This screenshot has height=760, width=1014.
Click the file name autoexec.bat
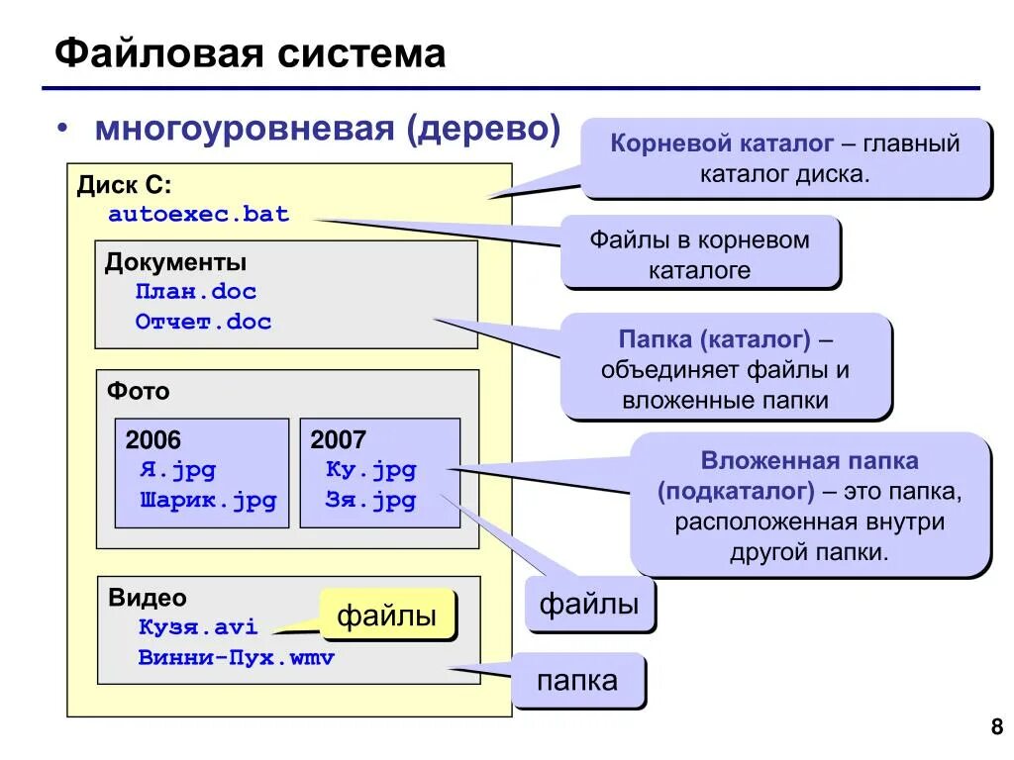point(199,214)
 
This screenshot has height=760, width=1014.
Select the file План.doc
point(196,292)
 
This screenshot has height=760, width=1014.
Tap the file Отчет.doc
point(203,322)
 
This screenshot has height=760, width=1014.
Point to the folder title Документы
point(176,262)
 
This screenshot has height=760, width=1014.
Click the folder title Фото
point(139,391)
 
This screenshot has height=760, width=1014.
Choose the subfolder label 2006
point(153,440)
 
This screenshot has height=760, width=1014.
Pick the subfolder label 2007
point(339,440)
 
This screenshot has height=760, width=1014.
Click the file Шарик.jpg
point(209,500)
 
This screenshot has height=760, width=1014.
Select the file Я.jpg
point(177,470)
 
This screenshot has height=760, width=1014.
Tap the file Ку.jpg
point(370,470)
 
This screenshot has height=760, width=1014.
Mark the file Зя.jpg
point(370,500)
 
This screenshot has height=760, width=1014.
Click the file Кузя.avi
point(198,627)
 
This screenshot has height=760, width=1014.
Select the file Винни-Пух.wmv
point(237,657)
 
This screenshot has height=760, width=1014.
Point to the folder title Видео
point(148,598)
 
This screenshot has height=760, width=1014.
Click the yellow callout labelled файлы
point(387,616)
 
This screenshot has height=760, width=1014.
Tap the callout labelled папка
point(577,680)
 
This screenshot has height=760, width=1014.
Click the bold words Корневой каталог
point(722,143)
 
